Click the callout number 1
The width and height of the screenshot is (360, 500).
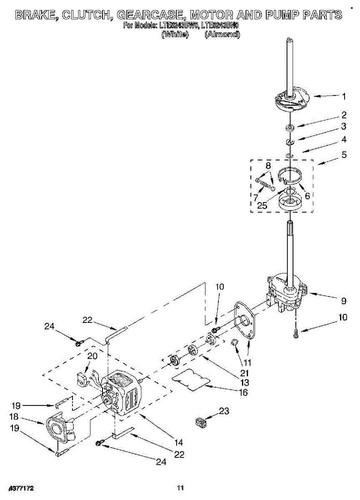pyautogui.click(x=344, y=96)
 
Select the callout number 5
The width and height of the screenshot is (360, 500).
pyautogui.click(x=344, y=155)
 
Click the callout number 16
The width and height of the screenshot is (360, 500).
pyautogui.click(x=243, y=392)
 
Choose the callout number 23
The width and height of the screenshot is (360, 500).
pyautogui.click(x=224, y=411)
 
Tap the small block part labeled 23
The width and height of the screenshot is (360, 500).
pyautogui.click(x=202, y=422)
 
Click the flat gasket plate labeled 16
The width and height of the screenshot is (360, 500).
pyautogui.click(x=191, y=380)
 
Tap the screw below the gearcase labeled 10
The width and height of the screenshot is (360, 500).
pyautogui.click(x=296, y=333)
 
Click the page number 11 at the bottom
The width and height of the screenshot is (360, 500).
pyautogui.click(x=180, y=488)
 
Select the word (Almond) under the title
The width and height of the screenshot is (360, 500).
pyautogui.click(x=222, y=35)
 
